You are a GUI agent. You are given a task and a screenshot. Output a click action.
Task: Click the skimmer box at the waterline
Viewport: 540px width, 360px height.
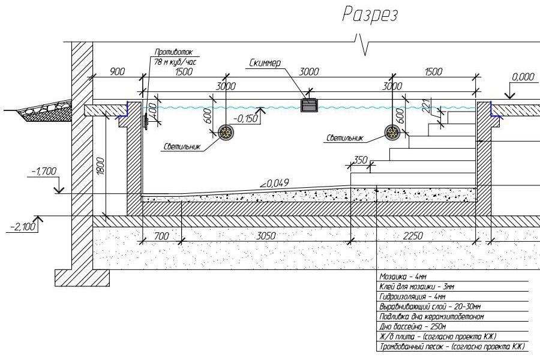point(309,106)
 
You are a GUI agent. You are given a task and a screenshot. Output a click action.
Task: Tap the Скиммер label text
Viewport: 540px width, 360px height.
point(265,62)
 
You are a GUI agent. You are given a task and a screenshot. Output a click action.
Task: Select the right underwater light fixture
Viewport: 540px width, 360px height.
point(394,133)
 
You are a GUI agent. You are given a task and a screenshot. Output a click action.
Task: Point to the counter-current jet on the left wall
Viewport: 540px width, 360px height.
point(145,119)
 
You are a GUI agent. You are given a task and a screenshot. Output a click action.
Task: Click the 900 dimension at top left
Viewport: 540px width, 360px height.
point(117,71)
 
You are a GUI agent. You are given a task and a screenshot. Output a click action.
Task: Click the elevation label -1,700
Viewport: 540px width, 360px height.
point(42,171)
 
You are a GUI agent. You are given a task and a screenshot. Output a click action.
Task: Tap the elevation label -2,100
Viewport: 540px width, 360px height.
point(23,226)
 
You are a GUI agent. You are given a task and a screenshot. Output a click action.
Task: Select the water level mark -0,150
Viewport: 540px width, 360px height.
point(247,118)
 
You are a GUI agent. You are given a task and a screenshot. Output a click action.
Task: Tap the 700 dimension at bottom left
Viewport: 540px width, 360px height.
point(161,236)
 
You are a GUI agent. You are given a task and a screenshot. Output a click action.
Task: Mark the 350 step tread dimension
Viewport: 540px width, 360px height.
point(360,160)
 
